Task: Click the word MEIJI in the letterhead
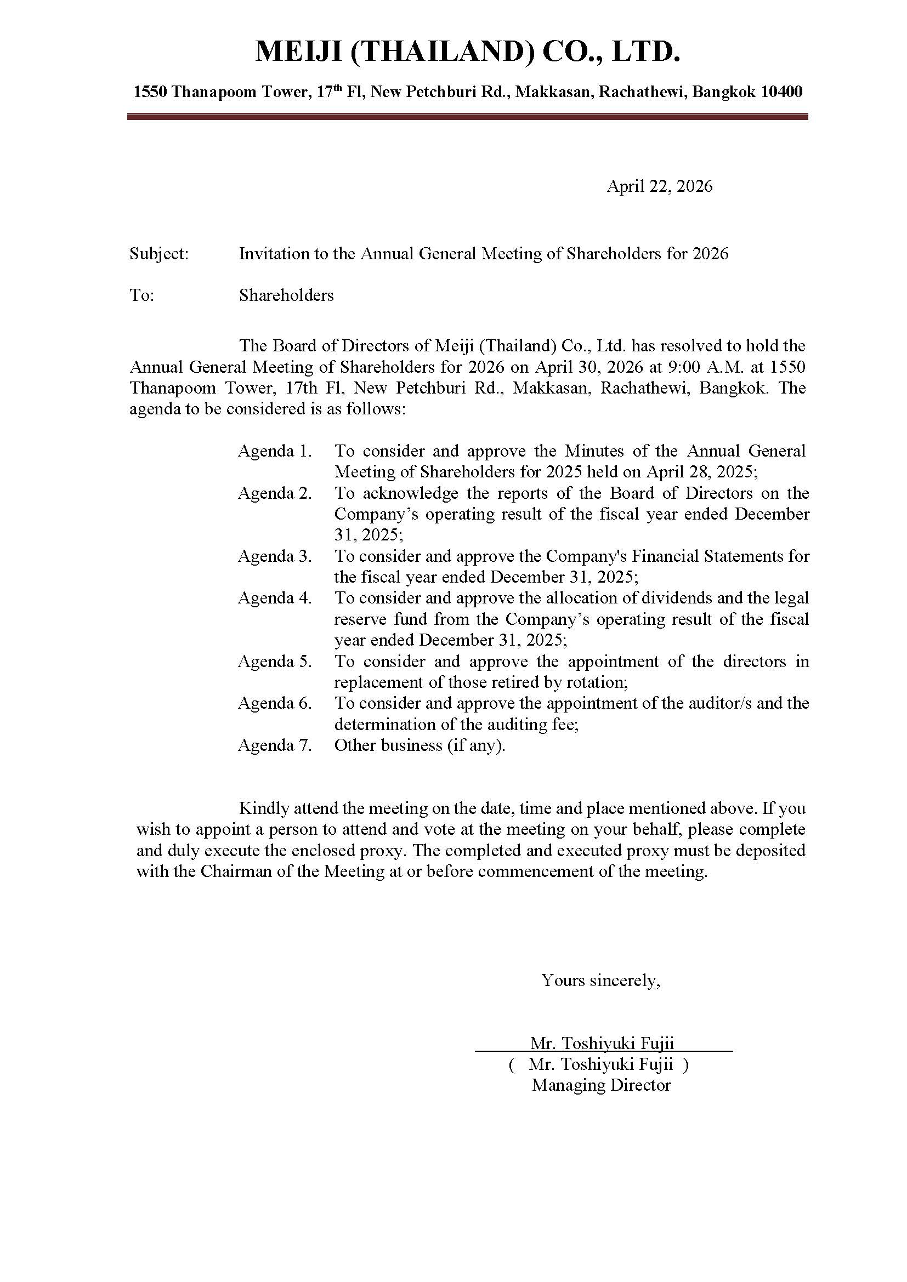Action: point(299,53)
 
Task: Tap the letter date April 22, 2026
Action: point(660,186)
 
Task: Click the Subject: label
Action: point(159,254)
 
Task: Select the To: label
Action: point(142,295)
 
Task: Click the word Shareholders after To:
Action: point(286,295)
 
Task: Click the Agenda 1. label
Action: point(275,451)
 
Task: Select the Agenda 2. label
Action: point(275,493)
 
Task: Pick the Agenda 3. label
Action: point(275,556)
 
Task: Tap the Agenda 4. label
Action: point(275,598)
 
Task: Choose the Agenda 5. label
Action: point(275,662)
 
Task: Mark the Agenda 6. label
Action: point(275,703)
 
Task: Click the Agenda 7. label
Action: point(275,745)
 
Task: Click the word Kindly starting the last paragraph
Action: point(264,808)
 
